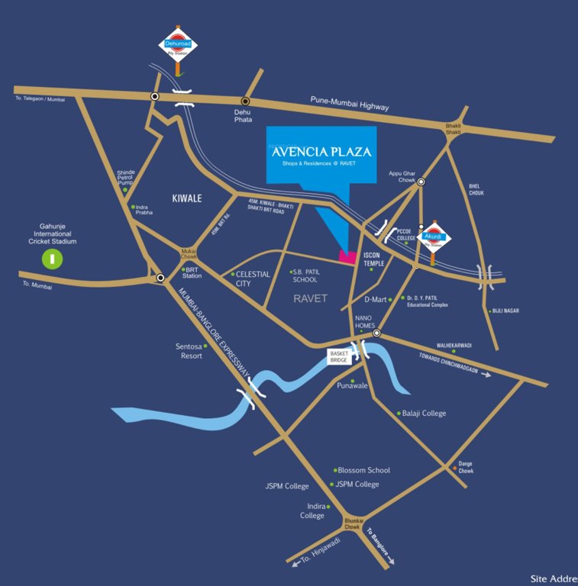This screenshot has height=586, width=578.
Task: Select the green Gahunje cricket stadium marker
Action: point(53,259)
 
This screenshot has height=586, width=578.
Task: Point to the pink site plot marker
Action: point(347,257)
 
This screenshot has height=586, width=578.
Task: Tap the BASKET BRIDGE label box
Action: point(339,356)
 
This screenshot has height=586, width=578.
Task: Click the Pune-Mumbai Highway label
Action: point(350,104)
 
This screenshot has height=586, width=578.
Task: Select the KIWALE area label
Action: point(186,198)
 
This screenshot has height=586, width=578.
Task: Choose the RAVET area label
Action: point(310,298)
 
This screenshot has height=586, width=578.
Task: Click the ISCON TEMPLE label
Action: point(377,259)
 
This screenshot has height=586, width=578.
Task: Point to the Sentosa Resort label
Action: point(189,351)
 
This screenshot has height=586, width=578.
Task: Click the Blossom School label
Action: point(363,470)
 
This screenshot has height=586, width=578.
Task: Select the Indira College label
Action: point(312,510)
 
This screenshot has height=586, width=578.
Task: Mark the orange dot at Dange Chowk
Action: point(455,468)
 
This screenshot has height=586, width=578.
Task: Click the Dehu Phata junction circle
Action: point(245,101)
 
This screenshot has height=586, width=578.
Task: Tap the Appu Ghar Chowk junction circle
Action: point(421,182)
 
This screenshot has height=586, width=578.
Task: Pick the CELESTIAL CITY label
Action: point(253,279)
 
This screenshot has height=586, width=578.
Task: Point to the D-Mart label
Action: point(376,300)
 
